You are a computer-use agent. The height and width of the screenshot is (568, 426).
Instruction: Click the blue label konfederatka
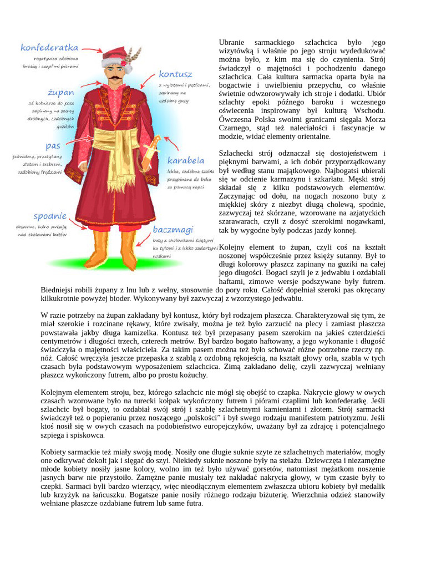pos(49,48)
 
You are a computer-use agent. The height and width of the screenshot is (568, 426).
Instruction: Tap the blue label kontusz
pos(175,74)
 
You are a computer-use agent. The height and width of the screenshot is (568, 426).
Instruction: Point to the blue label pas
pos(53,146)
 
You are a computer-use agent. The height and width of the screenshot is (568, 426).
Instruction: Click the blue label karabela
pos(186,160)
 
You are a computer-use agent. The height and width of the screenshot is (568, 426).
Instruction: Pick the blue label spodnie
pos(50,216)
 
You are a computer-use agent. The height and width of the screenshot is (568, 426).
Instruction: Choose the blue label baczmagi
pos(173,229)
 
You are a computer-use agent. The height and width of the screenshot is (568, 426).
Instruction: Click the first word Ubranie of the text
pos(231,43)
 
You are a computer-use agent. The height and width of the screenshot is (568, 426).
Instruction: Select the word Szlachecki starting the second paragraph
pos(237,154)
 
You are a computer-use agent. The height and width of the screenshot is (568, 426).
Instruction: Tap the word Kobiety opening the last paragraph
pos(55,452)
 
